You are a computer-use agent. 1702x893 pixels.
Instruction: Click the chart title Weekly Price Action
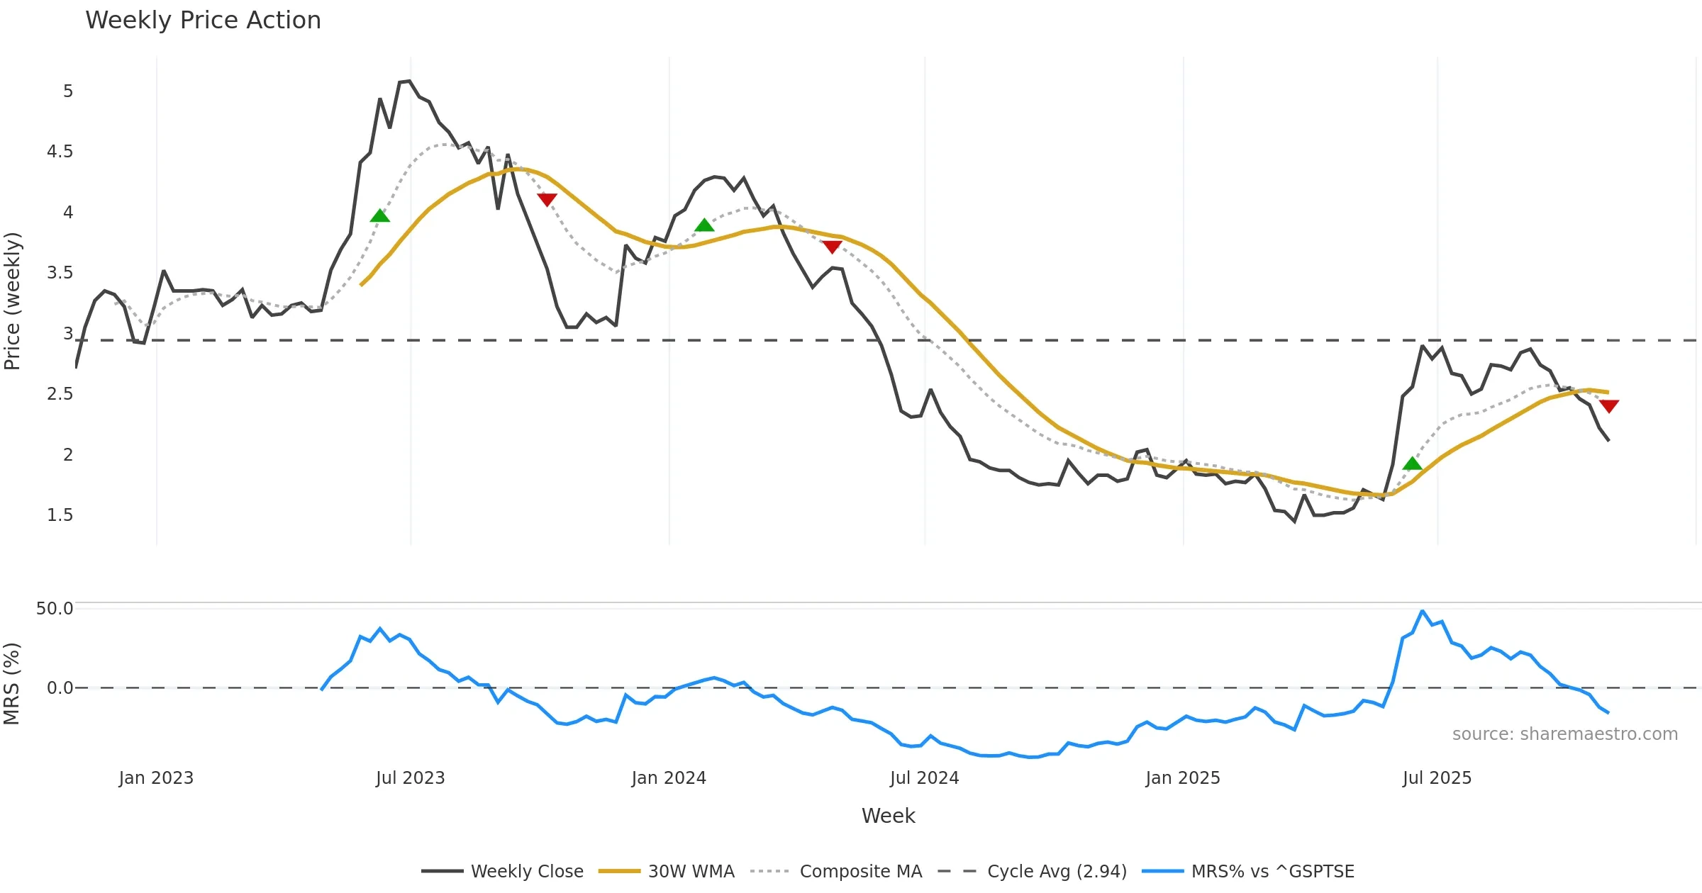tap(203, 21)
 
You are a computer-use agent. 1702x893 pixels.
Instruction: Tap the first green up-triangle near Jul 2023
tap(380, 215)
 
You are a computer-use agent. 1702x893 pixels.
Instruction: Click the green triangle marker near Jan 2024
tap(704, 225)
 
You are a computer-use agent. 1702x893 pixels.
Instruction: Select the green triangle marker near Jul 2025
tap(1413, 464)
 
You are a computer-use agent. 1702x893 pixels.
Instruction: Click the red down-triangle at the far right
tap(1609, 406)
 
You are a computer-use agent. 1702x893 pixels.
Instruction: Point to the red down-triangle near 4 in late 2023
tap(547, 199)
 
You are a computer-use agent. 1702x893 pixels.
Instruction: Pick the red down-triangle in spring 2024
tap(832, 247)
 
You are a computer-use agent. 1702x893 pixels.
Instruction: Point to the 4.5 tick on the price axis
tap(60, 152)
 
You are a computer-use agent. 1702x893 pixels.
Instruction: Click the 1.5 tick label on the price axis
tap(60, 515)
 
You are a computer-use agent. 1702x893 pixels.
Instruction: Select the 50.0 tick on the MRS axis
tap(55, 609)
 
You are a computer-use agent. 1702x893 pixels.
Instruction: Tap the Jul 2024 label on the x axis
tap(924, 778)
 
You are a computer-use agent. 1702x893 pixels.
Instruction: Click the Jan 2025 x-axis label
tap(1182, 778)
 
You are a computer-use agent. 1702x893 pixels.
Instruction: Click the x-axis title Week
tap(888, 816)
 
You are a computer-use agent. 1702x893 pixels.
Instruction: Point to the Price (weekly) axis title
tap(13, 301)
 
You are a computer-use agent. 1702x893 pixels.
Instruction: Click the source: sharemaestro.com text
tap(1564, 734)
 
